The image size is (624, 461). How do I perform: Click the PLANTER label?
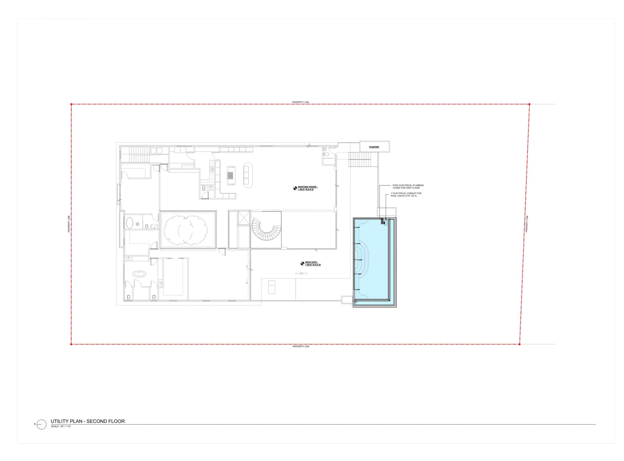(374, 147)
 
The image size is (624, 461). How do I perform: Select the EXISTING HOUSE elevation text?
(308, 188)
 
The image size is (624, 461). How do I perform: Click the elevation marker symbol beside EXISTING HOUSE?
(295, 188)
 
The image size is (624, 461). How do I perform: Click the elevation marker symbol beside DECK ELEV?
(302, 263)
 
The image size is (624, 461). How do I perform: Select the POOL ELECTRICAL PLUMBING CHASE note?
(408, 186)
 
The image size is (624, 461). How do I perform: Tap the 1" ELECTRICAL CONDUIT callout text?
(406, 194)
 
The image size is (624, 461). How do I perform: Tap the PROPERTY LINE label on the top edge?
(301, 102)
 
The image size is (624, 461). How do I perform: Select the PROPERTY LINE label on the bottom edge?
(301, 346)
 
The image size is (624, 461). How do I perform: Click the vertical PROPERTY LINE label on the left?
(69, 224)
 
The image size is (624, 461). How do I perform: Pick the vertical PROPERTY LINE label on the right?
(526, 224)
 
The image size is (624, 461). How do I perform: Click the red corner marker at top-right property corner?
(529, 104)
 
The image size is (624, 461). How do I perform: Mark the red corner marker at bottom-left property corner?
(71, 344)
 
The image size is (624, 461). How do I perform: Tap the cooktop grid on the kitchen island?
(230, 175)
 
